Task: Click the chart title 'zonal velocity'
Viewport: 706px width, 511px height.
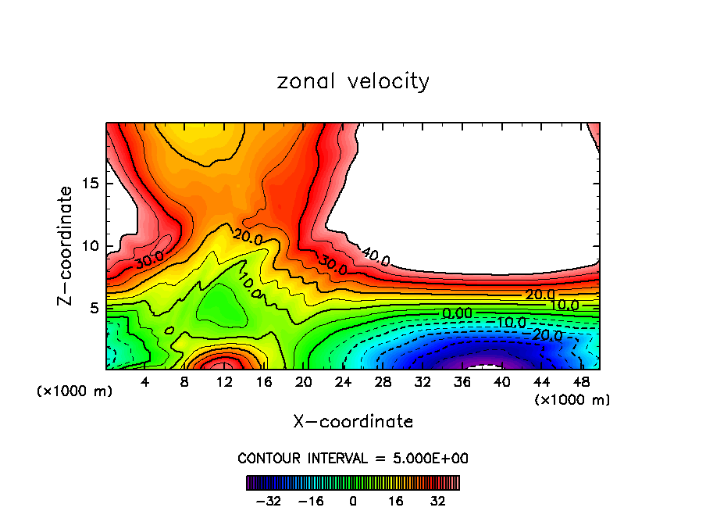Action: click(353, 81)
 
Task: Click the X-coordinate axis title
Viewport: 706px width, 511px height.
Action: click(353, 422)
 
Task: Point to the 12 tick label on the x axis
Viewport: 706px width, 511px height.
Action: click(224, 382)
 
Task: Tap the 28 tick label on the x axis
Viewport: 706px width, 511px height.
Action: click(383, 382)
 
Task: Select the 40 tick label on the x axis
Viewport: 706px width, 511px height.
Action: click(501, 382)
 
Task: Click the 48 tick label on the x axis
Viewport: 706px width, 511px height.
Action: click(581, 382)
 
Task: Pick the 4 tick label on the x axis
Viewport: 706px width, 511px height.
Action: click(144, 382)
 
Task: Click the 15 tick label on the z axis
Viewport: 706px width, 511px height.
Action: click(88, 184)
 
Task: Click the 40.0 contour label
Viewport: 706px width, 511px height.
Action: click(375, 256)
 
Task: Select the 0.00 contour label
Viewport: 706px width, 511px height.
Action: click(457, 313)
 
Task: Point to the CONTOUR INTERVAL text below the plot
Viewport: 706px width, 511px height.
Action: click(353, 458)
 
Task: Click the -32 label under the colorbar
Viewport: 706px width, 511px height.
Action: click(268, 500)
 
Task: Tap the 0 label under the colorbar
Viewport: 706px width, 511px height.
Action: click(353, 500)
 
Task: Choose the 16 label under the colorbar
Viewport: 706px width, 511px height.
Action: click(396, 500)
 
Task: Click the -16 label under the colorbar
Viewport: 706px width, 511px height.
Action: click(311, 500)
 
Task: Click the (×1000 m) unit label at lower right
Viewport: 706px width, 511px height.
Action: click(572, 400)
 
